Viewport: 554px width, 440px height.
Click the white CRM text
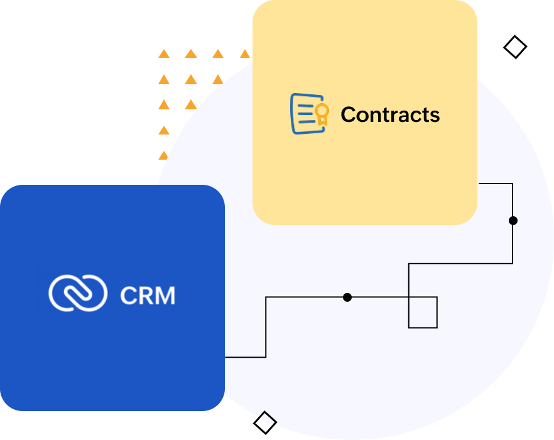147,295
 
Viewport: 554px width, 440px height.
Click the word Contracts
389,114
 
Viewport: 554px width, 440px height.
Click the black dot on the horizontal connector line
347,297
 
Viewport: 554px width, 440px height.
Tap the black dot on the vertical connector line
513,221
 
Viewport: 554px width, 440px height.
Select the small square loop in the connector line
423,312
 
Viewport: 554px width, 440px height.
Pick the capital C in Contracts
349,114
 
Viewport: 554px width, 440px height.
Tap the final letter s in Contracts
435,116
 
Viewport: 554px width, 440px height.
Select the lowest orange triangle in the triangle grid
163,155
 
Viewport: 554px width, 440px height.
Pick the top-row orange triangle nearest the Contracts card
244,54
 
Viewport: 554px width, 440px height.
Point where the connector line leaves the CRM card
225,357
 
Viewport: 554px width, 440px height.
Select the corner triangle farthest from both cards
163,54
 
